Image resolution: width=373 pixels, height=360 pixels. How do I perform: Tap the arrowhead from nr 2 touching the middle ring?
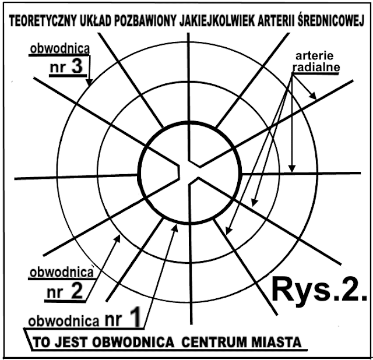119,235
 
